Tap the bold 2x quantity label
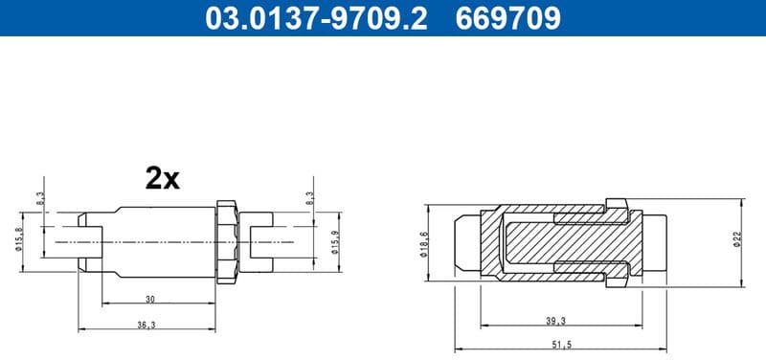pos(162,177)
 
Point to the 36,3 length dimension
pos(146,324)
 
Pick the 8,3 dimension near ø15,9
pos(309,198)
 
